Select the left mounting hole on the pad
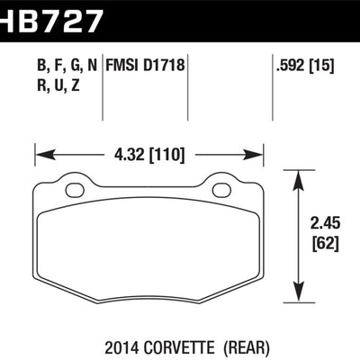pos(75,190)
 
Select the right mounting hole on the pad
pos(221,190)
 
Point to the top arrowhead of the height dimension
pos(298,180)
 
